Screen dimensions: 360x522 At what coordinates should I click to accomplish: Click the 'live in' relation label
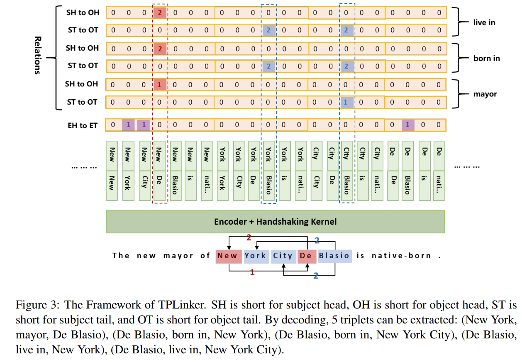pyautogui.click(x=484, y=22)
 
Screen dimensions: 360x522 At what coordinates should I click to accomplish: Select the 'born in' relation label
pyautogui.click(x=486, y=58)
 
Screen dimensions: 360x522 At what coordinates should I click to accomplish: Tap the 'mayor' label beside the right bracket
pyautogui.click(x=485, y=94)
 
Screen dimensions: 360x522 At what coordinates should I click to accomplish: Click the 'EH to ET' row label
pyautogui.click(x=82, y=125)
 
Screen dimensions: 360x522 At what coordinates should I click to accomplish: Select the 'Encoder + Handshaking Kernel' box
pyautogui.click(x=275, y=221)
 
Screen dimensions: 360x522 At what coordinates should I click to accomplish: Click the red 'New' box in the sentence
pyautogui.click(x=227, y=256)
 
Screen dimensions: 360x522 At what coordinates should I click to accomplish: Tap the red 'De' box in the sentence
pyautogui.click(x=305, y=256)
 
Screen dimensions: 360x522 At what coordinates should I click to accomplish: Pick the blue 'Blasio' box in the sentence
pyautogui.click(x=334, y=256)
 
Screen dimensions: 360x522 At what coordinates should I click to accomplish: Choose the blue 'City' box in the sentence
pyautogui.click(x=283, y=256)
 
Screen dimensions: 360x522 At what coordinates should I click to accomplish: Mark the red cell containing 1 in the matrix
pyautogui.click(x=159, y=84)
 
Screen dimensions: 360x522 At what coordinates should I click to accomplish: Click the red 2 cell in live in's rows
pyautogui.click(x=159, y=12)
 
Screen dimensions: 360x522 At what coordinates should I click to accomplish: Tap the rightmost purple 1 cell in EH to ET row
pyautogui.click(x=408, y=125)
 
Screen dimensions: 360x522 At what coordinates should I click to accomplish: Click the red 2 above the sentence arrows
pyautogui.click(x=249, y=238)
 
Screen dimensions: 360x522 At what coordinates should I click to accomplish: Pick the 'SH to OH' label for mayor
pyautogui.click(x=82, y=84)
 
